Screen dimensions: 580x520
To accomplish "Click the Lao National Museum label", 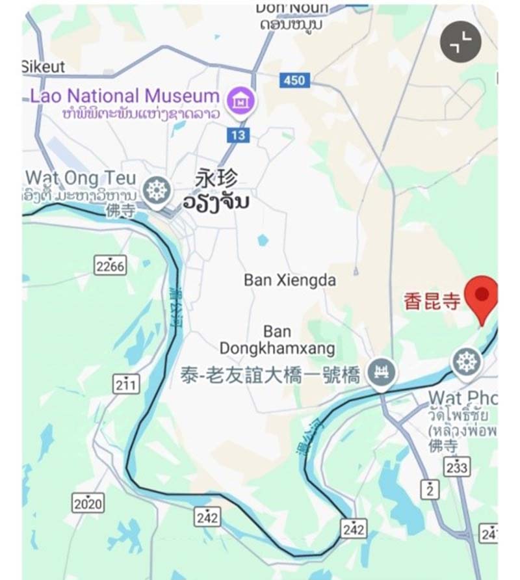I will point(124,96).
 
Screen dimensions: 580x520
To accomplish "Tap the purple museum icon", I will point(241,100).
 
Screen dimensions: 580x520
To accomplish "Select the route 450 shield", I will point(294,80).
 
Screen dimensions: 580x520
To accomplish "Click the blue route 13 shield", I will point(239,135).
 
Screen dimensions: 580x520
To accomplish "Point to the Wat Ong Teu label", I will point(81,178).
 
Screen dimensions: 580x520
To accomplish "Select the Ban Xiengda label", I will point(290,280).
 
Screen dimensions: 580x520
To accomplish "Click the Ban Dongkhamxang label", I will point(278,340).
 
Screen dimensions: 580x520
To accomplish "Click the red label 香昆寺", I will point(432,301).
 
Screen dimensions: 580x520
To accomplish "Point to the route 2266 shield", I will point(110,266).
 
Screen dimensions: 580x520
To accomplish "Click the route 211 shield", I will point(125,384).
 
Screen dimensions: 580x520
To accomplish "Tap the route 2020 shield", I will point(88,503).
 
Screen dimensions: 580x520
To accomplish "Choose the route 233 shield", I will point(457,467).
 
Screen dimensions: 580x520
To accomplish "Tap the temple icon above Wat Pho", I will point(467,361).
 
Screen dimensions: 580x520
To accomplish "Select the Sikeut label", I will point(44,66).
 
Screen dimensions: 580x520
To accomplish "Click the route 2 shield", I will point(429,489).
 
